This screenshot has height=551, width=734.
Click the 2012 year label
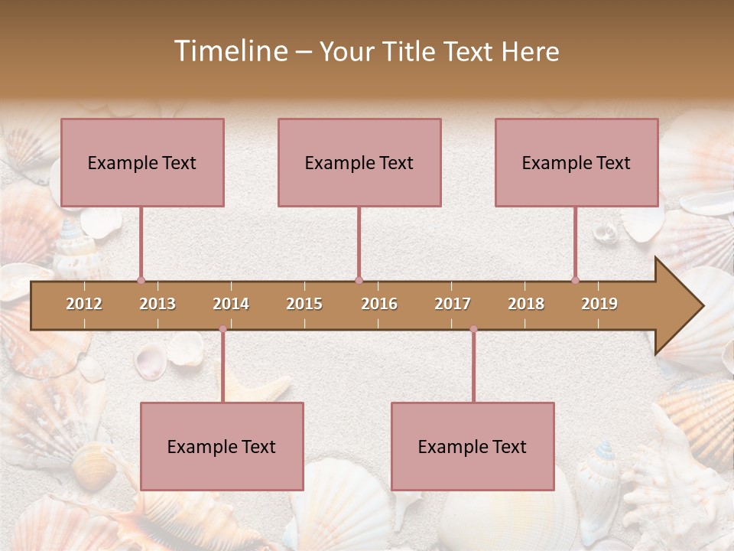pos(84,304)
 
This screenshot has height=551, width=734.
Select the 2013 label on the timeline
pos(158,304)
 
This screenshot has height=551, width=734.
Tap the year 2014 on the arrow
pos(231,304)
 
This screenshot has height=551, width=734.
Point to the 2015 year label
pos(304,304)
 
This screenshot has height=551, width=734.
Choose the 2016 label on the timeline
pos(379,304)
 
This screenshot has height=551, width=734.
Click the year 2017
pos(453,304)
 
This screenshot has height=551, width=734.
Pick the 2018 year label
pos(526,304)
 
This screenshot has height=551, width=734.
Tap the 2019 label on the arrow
pos(599,304)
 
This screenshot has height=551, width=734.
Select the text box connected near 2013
pos(142,162)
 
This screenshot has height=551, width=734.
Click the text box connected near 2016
pos(359,162)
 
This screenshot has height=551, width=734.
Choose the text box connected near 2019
pos(576,162)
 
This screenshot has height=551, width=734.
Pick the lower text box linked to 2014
pos(222,446)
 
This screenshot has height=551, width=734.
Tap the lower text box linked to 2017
pos(473,446)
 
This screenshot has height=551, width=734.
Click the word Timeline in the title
pos(229,51)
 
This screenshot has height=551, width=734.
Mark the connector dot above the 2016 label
pos(359,280)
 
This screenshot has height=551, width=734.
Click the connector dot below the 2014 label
pos(222,329)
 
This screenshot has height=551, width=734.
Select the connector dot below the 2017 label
pos(473,329)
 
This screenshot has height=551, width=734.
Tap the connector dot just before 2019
pos(575,280)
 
